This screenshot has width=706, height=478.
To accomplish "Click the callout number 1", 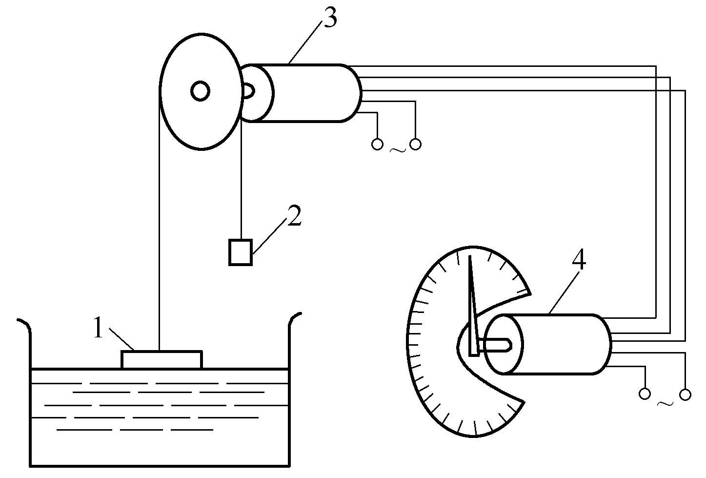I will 99,329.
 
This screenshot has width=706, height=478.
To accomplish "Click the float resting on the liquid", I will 161,359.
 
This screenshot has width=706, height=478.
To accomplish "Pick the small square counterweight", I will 241,252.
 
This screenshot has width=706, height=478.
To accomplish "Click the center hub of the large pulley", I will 200,91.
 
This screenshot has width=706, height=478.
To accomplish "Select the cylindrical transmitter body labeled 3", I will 312,93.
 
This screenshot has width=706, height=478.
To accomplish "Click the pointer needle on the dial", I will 472,303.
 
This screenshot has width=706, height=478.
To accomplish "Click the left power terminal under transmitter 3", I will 377,144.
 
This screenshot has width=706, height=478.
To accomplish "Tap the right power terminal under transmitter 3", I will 416,144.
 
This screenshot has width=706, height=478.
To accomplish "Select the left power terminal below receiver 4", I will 645,394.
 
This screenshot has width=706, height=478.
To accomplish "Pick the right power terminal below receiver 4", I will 685,394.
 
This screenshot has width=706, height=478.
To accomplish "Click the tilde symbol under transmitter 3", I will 397,150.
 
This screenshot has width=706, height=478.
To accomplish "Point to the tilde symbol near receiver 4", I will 665,403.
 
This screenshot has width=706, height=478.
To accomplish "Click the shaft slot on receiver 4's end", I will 495,345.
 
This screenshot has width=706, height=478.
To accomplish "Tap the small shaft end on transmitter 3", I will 248,91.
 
